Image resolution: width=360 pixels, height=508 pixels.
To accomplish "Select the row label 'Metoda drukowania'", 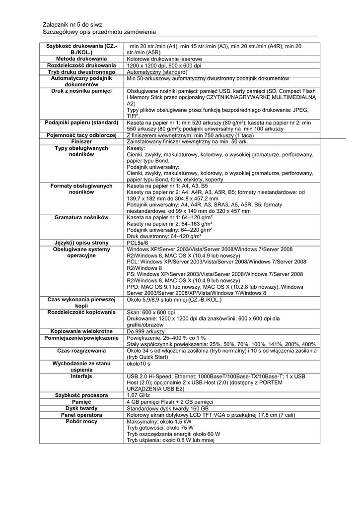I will pos(81,59).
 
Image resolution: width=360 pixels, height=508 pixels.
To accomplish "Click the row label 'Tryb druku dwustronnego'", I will pos(81,72).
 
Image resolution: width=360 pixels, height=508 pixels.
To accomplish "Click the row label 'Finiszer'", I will pos(81,141).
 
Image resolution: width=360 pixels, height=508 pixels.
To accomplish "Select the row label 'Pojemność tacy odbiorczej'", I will pos(81,135).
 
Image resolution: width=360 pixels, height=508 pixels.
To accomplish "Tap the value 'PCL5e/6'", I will pos(138,243).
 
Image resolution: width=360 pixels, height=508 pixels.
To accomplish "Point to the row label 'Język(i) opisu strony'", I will pos(81,243).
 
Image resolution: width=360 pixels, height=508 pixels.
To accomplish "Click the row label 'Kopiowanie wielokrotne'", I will pos(81,331).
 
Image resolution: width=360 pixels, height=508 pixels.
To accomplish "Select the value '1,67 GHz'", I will pos(138,395).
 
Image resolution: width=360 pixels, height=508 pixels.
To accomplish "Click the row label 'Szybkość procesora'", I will pos(81,395).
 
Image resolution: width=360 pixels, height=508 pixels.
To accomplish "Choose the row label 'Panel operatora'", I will pos(81,415).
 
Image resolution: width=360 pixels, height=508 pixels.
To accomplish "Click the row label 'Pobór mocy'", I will pos(81,421).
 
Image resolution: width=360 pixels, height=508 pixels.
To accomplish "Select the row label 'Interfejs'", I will pos(81,376).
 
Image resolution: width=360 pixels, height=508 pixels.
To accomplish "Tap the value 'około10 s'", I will pos(139,363).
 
